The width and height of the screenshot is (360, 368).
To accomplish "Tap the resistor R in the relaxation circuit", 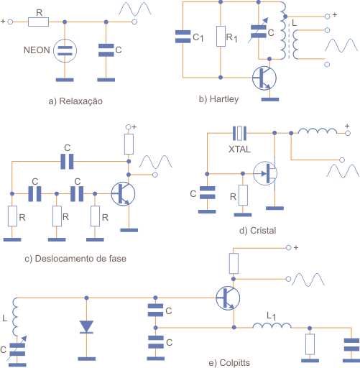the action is point(38,22).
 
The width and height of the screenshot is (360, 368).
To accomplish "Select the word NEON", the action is point(37,50).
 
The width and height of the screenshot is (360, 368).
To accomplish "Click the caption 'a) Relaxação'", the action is point(75,101).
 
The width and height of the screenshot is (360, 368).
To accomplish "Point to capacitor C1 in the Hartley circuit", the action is point(183,37).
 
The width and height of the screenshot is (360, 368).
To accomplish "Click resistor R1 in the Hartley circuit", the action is point(221,36).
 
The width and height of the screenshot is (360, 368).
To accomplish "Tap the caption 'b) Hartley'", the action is point(218,99).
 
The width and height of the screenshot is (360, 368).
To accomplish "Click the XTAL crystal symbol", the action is point(239,133).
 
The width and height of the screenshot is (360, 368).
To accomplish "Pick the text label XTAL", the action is point(239,149).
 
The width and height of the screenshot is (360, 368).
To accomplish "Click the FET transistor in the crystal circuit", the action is point(265,173).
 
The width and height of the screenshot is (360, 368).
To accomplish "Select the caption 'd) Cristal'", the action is point(257,231).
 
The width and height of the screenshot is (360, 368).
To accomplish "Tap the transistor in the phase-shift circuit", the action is point(123,193).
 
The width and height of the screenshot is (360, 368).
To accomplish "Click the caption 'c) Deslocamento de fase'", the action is point(75,259).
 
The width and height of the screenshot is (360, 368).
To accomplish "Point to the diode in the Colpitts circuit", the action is point(86,327).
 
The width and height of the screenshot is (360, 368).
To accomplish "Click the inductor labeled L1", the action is point(272,326).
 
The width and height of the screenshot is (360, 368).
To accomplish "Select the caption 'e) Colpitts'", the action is point(229,363).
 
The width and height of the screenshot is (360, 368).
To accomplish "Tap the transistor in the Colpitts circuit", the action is point(228,298).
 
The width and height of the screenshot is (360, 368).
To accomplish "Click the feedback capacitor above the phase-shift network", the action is point(67,162).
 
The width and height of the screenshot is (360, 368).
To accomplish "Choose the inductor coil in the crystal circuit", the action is point(318,131).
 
